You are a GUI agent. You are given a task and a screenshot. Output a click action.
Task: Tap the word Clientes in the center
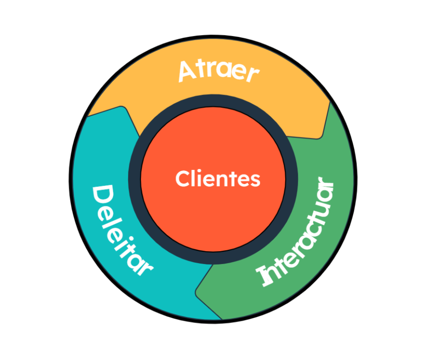[x=218, y=179]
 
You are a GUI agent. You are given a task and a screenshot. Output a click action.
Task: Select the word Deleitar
[x=120, y=230]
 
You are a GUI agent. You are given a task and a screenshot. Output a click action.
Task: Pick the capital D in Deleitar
[x=103, y=196]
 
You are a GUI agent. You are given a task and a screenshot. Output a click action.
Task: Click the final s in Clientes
[x=255, y=181]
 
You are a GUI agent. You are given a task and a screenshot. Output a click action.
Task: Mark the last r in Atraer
[x=253, y=74]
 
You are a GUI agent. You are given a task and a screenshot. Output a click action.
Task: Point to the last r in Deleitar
[x=145, y=270]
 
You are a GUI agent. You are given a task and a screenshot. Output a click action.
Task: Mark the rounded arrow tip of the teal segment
[x=123, y=108]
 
